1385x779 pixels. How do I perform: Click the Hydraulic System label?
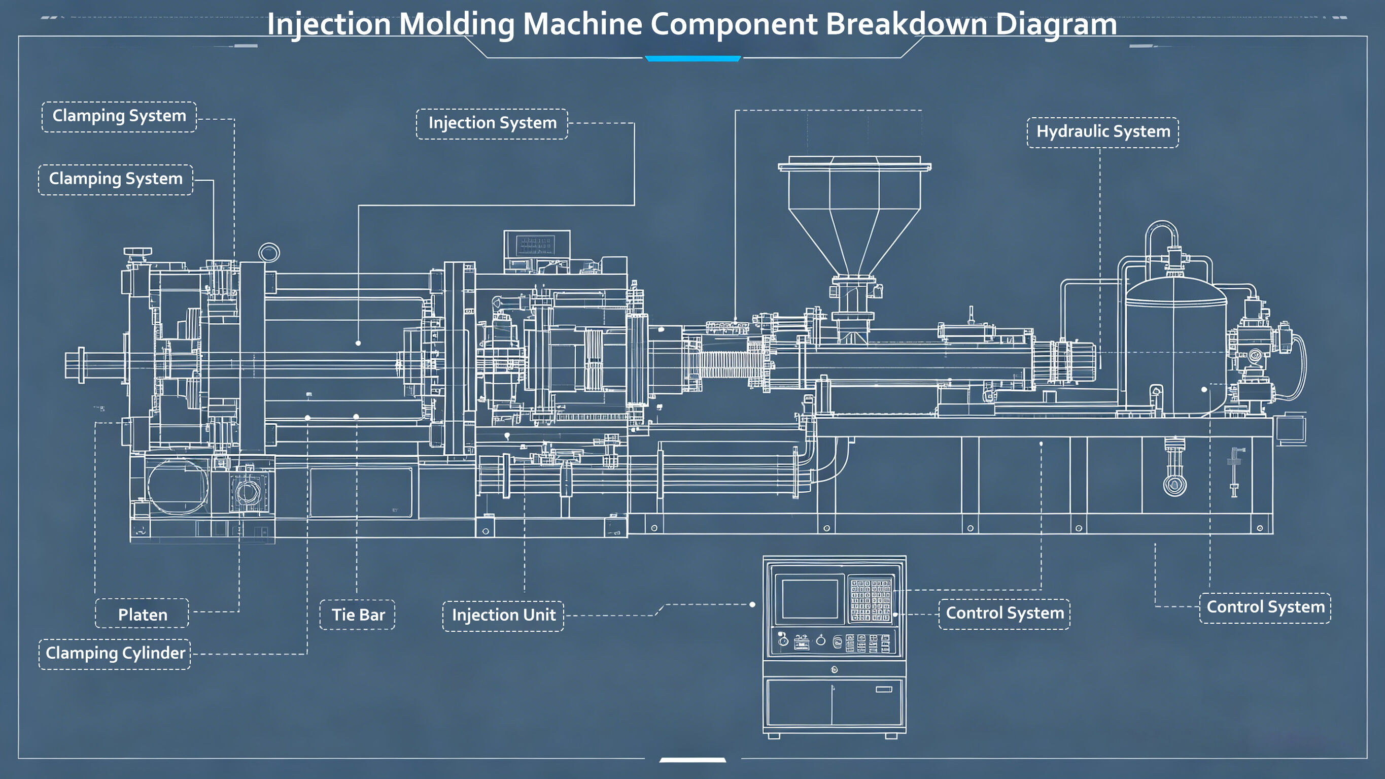pyautogui.click(x=1103, y=132)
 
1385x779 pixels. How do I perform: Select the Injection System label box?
pyautogui.click(x=492, y=124)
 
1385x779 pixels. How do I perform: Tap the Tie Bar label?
pyautogui.click(x=358, y=615)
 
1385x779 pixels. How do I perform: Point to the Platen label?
pyautogui.click(x=143, y=614)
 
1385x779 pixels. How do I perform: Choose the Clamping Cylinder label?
pyautogui.click(x=115, y=654)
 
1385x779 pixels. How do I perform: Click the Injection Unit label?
pyautogui.click(x=503, y=616)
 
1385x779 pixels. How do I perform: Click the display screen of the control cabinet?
pyautogui.click(x=810, y=599)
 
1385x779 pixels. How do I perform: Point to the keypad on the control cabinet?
pyautogui.click(x=871, y=599)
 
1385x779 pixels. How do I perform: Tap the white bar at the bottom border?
pyautogui.click(x=692, y=760)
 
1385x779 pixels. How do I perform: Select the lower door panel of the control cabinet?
pyautogui.click(x=835, y=702)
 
